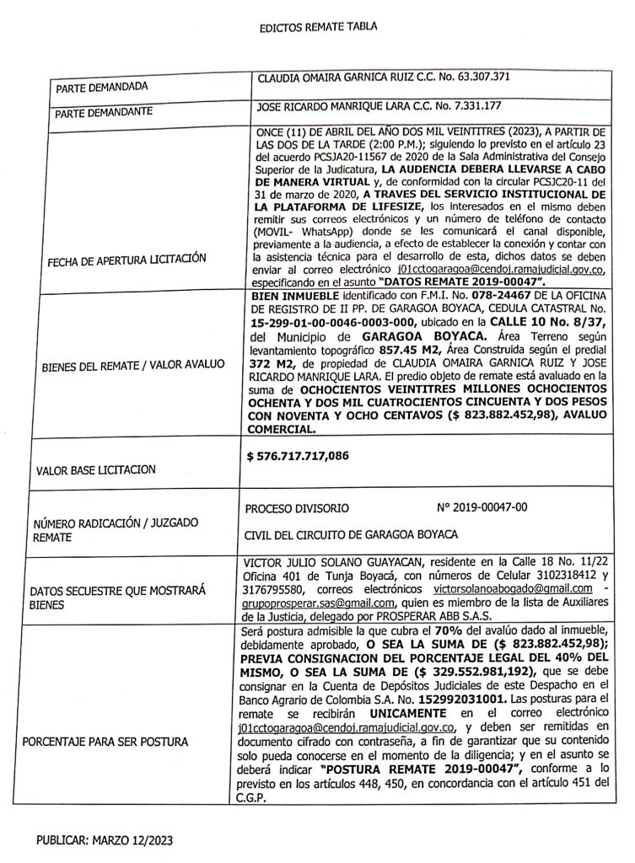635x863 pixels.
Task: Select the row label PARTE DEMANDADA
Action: (x=102, y=88)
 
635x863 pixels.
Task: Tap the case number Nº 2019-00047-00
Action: (x=482, y=509)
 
